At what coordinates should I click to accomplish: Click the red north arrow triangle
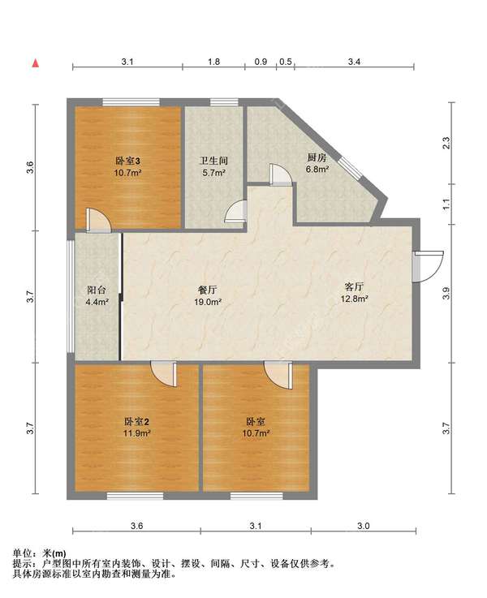(x=36, y=63)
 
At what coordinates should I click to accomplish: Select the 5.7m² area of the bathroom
(x=214, y=172)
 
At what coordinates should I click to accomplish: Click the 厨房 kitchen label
(x=317, y=157)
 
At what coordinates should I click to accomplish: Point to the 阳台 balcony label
(x=97, y=290)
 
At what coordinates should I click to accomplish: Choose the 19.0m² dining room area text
(x=208, y=302)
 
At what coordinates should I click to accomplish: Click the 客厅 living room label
(x=354, y=286)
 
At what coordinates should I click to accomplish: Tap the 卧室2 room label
(x=136, y=421)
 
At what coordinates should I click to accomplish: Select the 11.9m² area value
(x=136, y=433)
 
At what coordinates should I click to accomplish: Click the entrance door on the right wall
(x=429, y=267)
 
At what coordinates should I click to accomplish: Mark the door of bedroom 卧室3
(x=98, y=220)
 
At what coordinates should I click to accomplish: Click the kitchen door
(x=281, y=174)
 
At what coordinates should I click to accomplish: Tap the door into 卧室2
(x=164, y=374)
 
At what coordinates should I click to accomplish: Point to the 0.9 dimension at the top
(x=261, y=62)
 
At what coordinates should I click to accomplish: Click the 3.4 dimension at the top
(x=354, y=62)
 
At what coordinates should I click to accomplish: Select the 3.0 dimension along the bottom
(x=364, y=526)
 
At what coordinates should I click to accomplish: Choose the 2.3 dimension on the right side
(x=446, y=143)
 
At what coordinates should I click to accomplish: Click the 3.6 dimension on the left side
(x=30, y=167)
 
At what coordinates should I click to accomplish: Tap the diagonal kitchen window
(x=351, y=168)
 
